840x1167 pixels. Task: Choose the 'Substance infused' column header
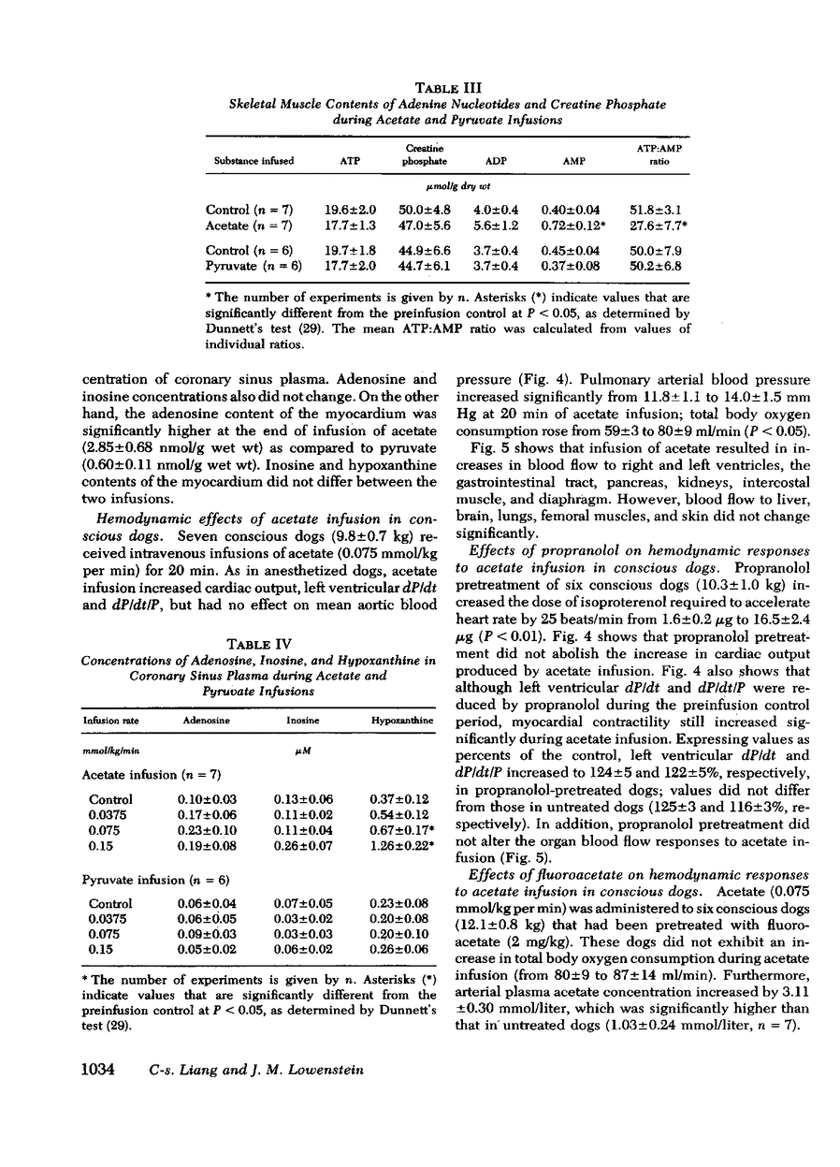coord(247,161)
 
